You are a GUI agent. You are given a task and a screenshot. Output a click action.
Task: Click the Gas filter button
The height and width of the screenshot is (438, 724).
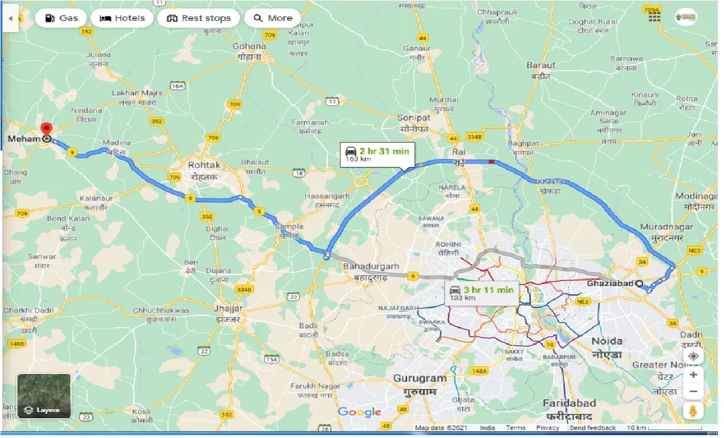61,18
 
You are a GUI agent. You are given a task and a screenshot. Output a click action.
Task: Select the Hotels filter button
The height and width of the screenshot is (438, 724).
122,18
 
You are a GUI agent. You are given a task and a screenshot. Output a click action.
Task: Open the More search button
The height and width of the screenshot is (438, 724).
273,18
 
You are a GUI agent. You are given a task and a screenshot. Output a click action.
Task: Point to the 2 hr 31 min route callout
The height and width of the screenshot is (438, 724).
377,154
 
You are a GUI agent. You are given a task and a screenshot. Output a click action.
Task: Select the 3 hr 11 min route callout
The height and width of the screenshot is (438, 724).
481,293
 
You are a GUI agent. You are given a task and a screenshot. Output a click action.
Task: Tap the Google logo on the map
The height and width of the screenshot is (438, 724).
359,412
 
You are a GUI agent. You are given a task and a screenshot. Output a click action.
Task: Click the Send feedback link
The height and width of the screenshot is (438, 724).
593,428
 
